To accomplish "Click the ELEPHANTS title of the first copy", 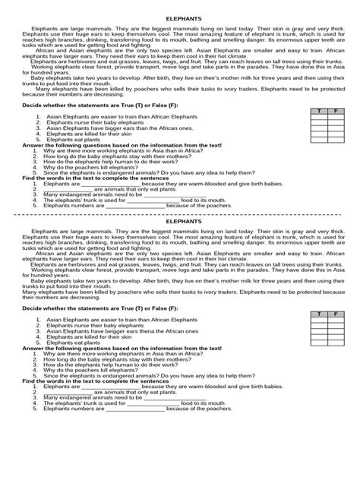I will click(180, 22).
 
